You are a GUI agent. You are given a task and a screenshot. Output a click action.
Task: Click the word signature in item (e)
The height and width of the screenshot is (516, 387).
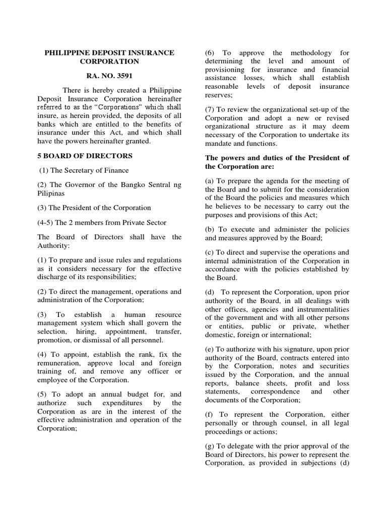click(298, 349)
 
